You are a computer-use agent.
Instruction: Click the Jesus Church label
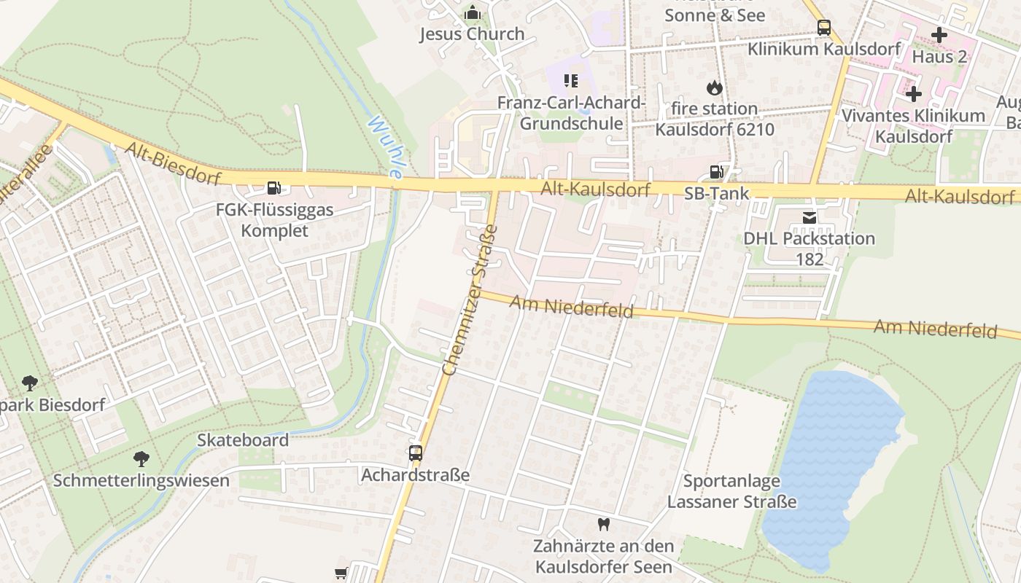(x=472, y=34)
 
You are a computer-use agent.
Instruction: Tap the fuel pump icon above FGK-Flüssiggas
(x=273, y=188)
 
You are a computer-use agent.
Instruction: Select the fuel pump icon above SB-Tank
(x=717, y=172)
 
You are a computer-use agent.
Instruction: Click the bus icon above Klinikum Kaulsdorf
(x=823, y=28)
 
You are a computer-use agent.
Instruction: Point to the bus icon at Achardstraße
(x=416, y=453)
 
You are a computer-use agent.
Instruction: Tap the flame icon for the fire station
(x=714, y=87)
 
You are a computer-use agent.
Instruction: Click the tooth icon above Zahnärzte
(x=603, y=524)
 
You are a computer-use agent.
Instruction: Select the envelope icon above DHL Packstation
(x=809, y=217)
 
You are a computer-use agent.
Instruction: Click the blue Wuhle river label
(x=385, y=146)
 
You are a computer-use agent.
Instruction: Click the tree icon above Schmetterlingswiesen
(x=141, y=458)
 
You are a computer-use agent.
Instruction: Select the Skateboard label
(x=243, y=440)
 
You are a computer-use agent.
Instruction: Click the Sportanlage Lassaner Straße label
(x=731, y=492)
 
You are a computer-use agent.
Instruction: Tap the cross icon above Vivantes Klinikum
(x=913, y=94)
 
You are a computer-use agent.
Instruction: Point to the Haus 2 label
(x=939, y=56)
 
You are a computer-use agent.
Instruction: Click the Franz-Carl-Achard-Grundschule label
(x=571, y=113)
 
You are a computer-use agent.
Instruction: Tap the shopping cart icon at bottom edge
(x=341, y=574)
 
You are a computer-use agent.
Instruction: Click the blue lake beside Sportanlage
(x=831, y=459)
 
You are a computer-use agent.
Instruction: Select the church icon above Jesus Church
(x=473, y=12)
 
